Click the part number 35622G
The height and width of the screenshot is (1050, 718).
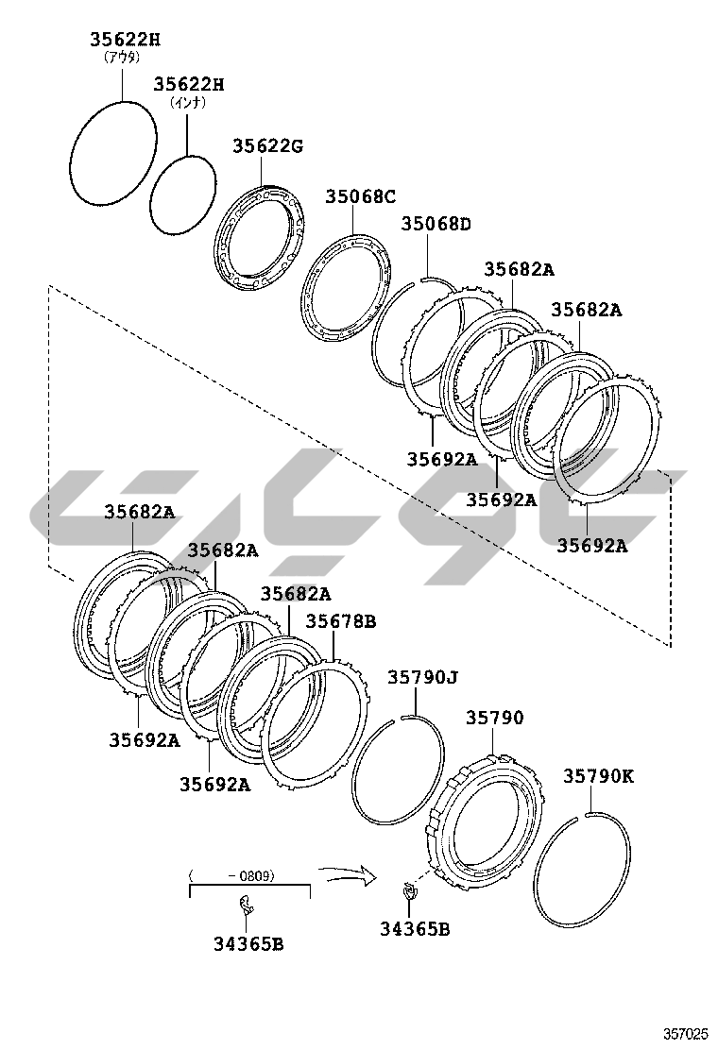[x=268, y=145]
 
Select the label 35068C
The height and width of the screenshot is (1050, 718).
[x=360, y=196]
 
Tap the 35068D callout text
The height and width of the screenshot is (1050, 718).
[x=436, y=224]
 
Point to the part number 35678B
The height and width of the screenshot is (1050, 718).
[x=341, y=620]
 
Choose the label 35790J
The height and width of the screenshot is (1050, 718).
[x=422, y=677]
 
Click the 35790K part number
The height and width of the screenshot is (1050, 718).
[x=598, y=775]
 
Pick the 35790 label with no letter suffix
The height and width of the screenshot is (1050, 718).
[x=495, y=718]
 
